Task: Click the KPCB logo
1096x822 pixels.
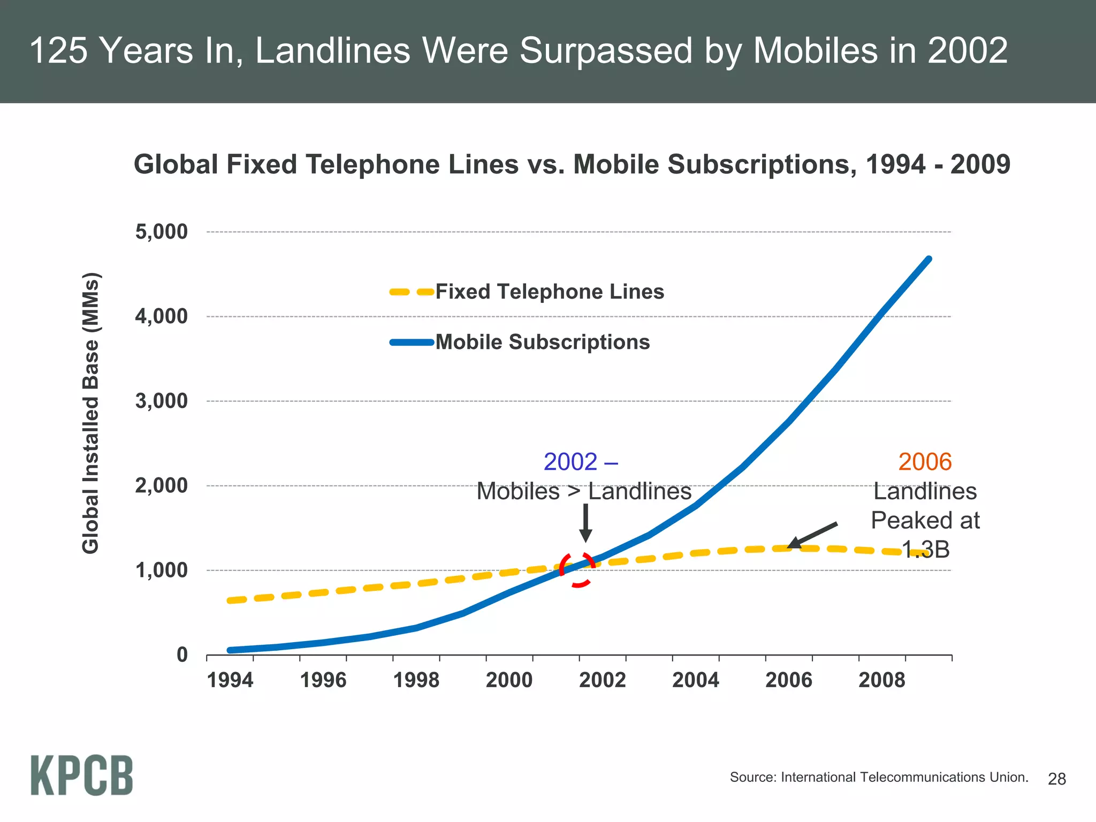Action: click(x=81, y=775)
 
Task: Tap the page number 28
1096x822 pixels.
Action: click(x=1056, y=779)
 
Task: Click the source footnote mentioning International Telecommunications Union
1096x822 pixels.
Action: click(x=879, y=777)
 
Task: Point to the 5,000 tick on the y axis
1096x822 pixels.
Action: click(x=162, y=232)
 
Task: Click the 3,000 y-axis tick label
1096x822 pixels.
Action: click(x=162, y=401)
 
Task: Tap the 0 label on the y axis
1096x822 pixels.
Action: click(x=182, y=654)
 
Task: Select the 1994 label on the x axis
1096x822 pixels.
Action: click(x=230, y=680)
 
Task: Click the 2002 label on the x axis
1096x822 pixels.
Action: click(x=603, y=680)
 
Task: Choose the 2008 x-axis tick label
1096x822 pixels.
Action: click(x=882, y=680)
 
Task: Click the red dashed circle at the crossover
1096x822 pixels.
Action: click(x=577, y=569)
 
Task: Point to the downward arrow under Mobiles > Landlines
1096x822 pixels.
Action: click(x=585, y=523)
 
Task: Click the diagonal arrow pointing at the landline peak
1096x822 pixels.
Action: click(x=812, y=535)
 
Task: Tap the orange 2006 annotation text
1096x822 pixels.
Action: click(x=925, y=462)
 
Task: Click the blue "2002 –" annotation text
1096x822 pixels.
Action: click(x=581, y=462)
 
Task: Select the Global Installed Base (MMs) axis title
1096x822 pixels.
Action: click(x=91, y=413)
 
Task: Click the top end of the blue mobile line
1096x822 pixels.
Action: click(x=928, y=260)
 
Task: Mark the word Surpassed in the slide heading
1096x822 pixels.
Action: click(x=605, y=51)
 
